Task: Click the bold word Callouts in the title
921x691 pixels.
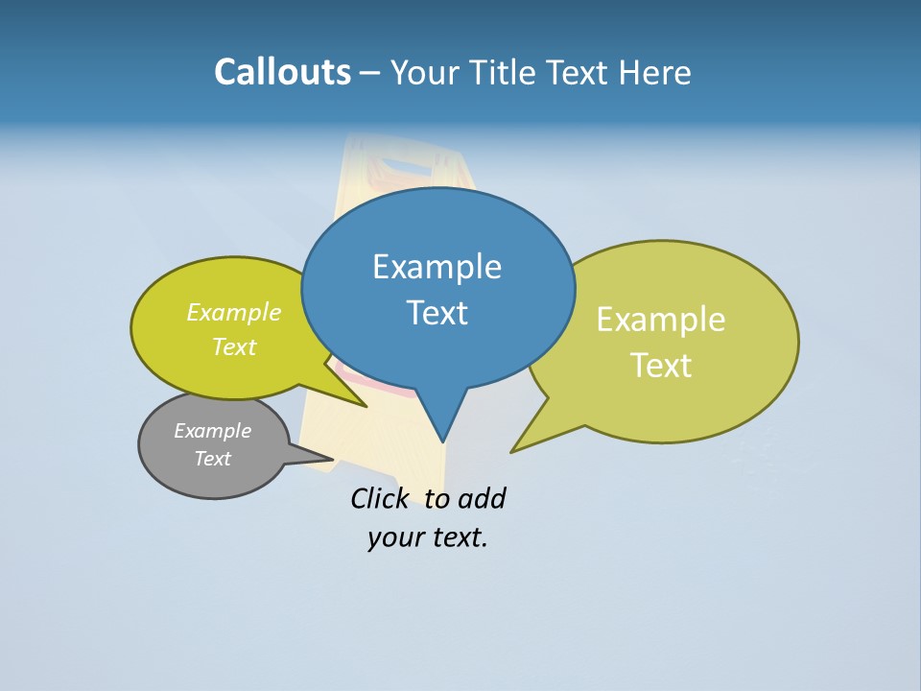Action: tap(282, 73)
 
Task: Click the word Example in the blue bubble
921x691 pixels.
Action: tap(437, 267)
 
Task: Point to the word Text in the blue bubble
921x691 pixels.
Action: tap(437, 313)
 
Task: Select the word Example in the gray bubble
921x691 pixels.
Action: tap(212, 431)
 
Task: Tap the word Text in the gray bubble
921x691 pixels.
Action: tap(212, 459)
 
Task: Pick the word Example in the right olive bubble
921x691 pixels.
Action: tap(661, 320)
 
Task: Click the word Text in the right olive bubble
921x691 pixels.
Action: tap(661, 366)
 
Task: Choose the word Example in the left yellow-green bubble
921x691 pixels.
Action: tap(234, 313)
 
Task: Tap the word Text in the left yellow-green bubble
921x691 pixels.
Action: tap(234, 346)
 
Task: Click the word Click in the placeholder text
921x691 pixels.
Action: tap(379, 499)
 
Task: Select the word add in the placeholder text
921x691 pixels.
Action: tap(482, 499)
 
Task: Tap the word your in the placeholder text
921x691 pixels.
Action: tap(393, 537)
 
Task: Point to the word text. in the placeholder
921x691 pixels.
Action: tap(458, 537)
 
